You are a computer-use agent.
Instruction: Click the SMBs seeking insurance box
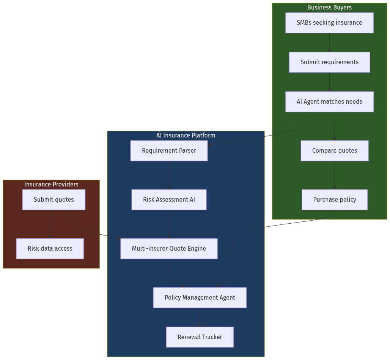329,23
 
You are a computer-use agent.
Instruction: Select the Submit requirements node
329,62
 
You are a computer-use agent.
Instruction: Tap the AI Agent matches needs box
329,102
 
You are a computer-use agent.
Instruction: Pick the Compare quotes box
334,151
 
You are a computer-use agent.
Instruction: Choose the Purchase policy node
334,200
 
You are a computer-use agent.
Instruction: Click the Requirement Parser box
169,151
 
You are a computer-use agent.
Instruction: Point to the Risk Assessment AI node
169,200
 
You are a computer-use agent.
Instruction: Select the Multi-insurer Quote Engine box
169,249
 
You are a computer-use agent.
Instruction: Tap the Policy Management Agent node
200,298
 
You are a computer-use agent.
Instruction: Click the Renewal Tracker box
200,337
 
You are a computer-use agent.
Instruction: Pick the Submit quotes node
53,200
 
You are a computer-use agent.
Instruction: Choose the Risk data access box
50,249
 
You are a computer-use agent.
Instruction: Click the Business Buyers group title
329,8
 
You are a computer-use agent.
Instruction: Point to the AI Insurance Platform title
186,136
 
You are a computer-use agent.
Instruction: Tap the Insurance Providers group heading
51,185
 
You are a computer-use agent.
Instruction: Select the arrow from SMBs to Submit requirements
329,43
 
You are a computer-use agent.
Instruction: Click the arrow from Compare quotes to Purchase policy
334,175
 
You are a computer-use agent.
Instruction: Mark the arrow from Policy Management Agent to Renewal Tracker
200,317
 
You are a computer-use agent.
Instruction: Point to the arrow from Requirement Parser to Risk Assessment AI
169,175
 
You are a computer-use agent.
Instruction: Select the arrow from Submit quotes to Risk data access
50,224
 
